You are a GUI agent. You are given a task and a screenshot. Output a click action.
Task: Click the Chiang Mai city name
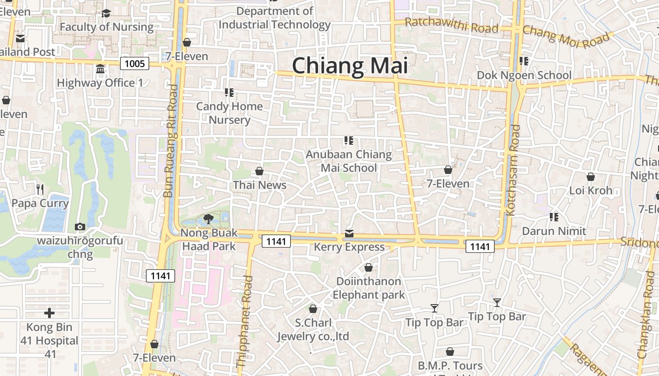350,66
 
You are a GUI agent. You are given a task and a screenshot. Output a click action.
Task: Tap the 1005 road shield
135,63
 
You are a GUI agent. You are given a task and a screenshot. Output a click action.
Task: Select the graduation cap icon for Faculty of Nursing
106,14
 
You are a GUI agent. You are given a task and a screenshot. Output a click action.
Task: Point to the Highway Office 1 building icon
100,70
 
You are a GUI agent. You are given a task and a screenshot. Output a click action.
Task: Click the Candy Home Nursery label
229,113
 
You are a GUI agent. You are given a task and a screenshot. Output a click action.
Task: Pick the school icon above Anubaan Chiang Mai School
348,140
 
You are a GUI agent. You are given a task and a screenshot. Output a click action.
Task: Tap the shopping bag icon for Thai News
259,171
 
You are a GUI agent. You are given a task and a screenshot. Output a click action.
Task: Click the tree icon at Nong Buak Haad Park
208,219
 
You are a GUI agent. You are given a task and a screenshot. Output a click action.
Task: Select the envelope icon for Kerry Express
349,234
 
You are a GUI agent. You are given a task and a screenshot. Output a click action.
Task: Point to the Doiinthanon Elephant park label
369,288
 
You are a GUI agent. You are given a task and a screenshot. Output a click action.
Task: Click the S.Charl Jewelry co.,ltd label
313,329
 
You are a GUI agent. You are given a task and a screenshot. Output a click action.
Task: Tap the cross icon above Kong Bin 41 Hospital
49,313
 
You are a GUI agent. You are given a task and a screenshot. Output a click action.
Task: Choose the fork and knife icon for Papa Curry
40,189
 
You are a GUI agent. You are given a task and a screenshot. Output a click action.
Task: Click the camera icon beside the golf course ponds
80,227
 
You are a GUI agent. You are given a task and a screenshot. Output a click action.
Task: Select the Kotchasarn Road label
513,170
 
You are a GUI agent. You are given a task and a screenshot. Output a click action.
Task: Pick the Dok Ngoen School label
524,75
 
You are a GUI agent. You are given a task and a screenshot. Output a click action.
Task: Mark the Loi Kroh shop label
591,190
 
